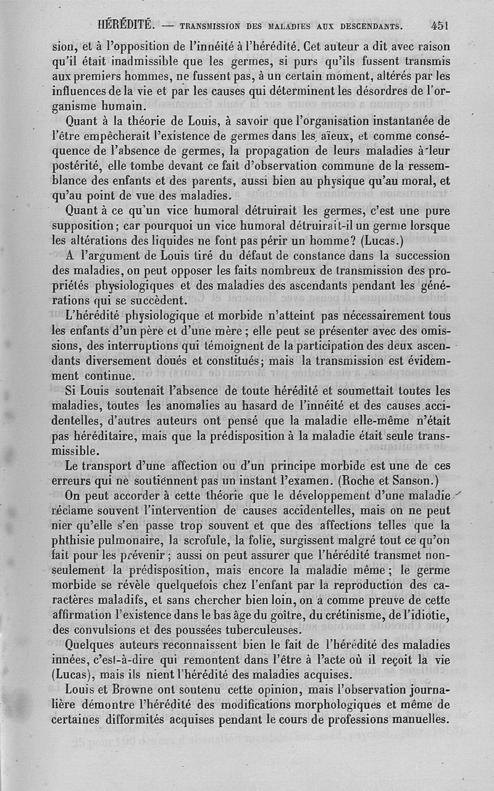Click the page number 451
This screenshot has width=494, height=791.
pos(439,27)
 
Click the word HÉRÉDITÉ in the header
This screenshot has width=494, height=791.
pos(125,27)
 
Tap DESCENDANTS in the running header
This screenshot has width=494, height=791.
pos(366,28)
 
